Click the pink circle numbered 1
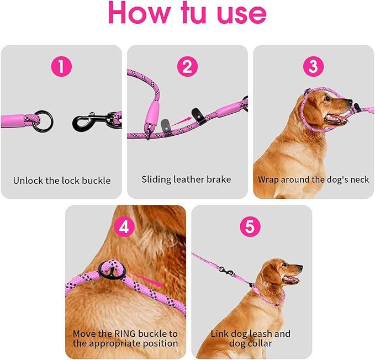click(x=61, y=67)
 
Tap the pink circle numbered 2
click(x=187, y=67)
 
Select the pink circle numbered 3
click(x=313, y=67)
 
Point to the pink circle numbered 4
click(x=124, y=226)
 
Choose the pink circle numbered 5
click(x=250, y=226)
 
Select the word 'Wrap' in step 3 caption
click(x=268, y=179)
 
